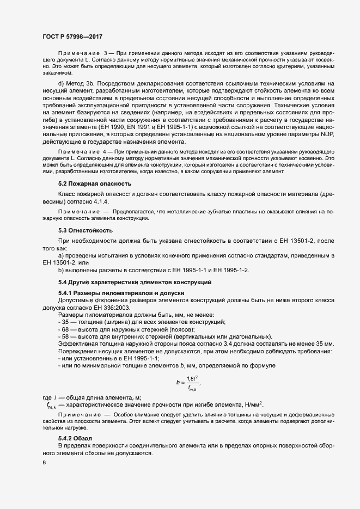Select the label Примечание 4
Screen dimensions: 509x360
pos(82,157)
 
